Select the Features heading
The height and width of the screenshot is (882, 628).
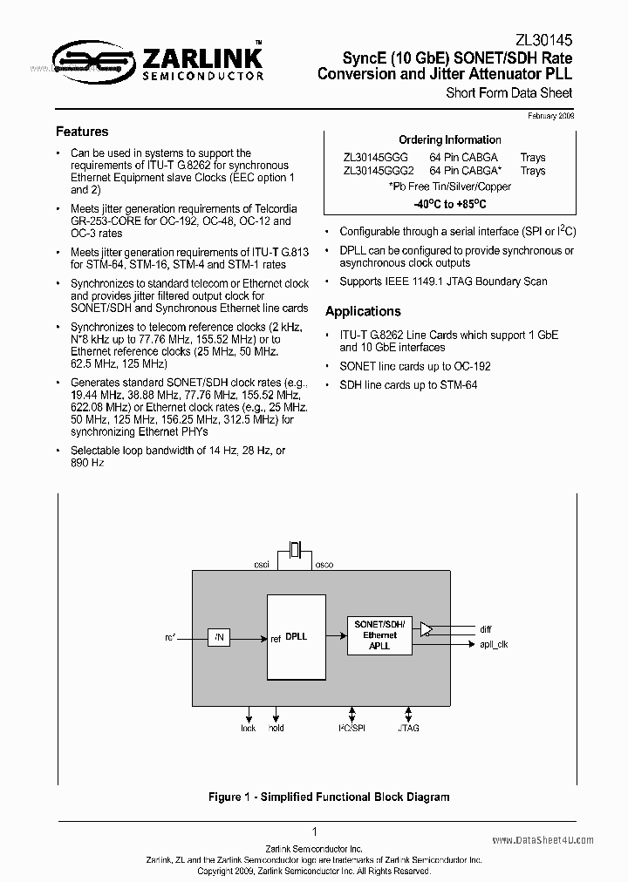82,132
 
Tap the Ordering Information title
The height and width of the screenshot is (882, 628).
449,139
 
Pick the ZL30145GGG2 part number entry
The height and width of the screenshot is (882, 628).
379,171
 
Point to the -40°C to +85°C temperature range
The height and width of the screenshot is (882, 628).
449,204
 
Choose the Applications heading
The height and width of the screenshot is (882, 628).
363,311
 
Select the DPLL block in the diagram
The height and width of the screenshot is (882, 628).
297,638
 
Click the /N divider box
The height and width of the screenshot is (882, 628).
219,638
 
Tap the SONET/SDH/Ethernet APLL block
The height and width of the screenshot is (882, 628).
379,634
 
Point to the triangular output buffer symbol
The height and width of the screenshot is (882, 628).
426,629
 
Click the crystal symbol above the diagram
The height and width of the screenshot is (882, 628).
296,549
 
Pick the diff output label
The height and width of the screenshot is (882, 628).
486,628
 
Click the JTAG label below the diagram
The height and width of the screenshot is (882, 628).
408,728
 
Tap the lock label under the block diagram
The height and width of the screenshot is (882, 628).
249,728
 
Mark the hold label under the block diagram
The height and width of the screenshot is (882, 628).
276,728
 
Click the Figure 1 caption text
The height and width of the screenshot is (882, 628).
329,797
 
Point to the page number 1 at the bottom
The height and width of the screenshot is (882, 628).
314,832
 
